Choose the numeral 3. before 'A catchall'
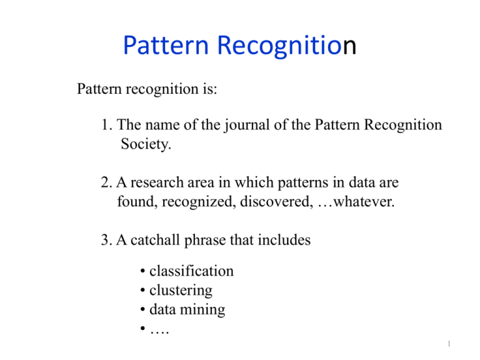click(x=106, y=239)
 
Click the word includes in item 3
click(x=283, y=239)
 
